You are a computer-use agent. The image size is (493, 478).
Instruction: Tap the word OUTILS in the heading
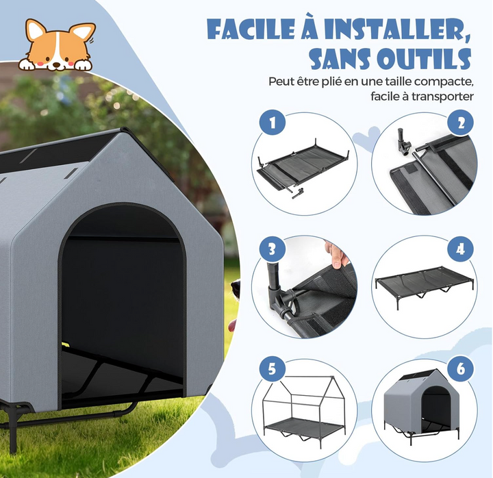point(422,59)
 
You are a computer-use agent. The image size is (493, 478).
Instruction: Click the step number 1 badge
point(273,123)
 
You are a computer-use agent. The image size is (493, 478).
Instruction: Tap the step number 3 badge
point(273,247)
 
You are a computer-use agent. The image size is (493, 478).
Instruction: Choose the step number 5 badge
point(273,368)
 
